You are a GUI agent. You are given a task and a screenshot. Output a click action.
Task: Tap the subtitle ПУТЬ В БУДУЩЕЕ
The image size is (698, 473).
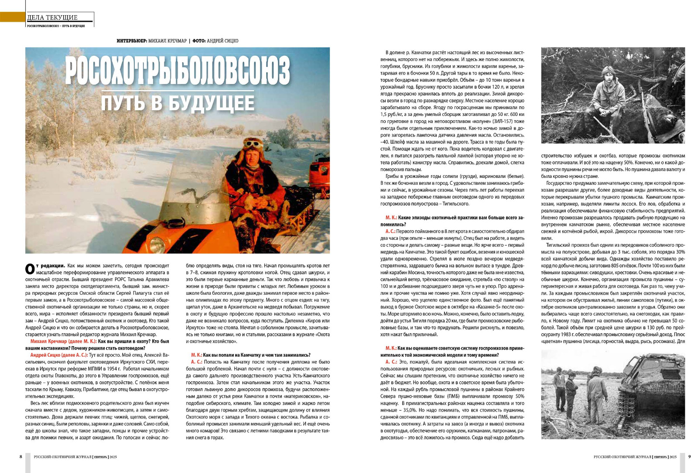pyautogui.click(x=178, y=103)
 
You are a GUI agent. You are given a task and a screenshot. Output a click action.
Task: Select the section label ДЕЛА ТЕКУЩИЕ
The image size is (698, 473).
pyautogui.click(x=52, y=17)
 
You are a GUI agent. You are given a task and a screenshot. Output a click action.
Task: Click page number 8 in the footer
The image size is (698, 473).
pyautogui.click(x=21, y=456)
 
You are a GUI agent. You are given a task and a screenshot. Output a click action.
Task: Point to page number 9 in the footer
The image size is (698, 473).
pyautogui.click(x=689, y=456)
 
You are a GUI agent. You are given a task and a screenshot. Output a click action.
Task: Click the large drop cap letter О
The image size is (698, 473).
pyautogui.click(x=29, y=268)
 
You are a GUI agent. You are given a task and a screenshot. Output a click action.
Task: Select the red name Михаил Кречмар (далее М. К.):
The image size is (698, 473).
pyautogui.click(x=63, y=341)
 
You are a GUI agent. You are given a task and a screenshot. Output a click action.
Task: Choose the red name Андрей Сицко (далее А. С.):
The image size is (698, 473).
pyautogui.click(x=59, y=355)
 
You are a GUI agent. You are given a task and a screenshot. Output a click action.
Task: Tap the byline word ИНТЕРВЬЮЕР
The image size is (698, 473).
pyautogui.click(x=131, y=41)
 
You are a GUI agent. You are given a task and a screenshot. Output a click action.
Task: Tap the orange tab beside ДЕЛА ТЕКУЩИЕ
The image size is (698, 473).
pyautogui.click(x=12, y=17)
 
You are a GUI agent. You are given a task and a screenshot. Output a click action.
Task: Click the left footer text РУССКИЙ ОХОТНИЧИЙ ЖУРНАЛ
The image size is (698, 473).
pyautogui.click(x=63, y=456)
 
